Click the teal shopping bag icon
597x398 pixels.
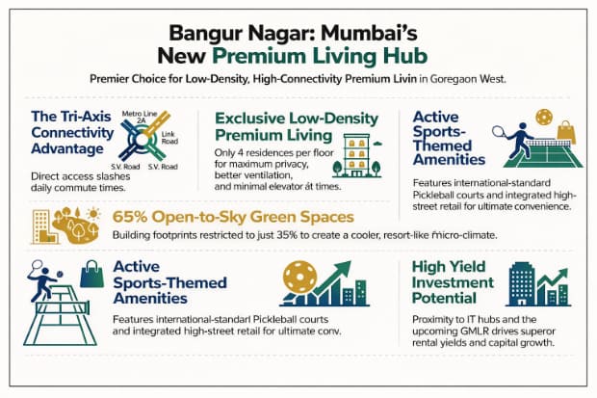[x=91, y=276]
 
